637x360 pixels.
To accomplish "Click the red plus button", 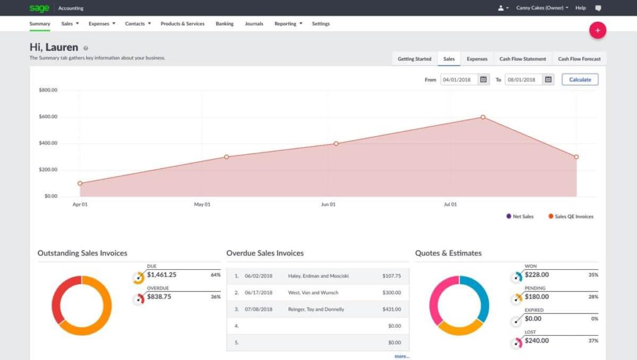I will click(597, 30).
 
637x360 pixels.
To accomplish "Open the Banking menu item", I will click(225, 24).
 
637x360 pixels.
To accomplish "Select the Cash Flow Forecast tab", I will click(579, 59).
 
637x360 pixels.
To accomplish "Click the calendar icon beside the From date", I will click(483, 80).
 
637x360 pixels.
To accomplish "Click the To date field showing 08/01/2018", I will click(523, 80).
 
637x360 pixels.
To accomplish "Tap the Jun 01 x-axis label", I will click(328, 204).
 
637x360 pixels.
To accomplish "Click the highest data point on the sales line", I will click(483, 117).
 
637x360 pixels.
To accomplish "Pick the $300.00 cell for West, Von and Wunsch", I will click(391, 292).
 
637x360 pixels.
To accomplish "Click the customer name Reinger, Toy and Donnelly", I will click(316, 309).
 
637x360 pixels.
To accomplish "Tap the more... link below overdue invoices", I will click(402, 356).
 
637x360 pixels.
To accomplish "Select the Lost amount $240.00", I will click(537, 341).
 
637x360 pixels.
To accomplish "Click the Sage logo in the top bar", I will click(39, 8).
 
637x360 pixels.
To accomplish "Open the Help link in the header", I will click(580, 8).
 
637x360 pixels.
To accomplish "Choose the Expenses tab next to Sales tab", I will click(477, 59).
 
